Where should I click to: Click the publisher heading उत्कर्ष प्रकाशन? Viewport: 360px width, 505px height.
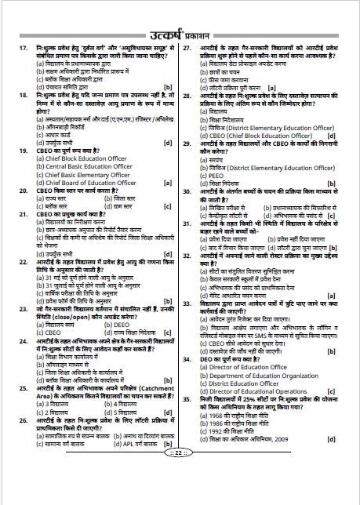(x=180, y=35)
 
